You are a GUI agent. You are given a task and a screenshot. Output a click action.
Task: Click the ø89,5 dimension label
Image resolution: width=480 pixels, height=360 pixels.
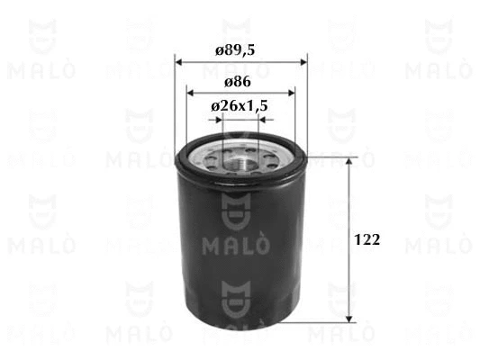235,50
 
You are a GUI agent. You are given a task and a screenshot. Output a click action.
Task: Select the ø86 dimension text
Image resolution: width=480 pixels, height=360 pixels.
238,82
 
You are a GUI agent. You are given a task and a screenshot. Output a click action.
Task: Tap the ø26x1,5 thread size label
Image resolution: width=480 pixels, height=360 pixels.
240,106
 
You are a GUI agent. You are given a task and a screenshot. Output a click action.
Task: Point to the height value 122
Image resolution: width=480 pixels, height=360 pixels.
367,239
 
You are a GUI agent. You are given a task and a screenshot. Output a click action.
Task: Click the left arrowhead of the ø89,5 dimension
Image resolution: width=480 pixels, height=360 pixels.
179,62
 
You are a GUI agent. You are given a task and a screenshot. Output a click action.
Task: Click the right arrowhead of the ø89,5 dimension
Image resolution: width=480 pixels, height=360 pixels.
303,62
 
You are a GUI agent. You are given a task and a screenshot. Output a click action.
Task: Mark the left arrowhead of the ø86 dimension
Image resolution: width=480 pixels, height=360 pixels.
191,93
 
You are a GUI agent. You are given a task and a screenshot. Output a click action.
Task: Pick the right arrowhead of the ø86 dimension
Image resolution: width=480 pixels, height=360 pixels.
291,93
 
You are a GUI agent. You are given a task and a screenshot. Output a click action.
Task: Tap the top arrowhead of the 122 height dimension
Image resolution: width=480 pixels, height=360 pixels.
349,161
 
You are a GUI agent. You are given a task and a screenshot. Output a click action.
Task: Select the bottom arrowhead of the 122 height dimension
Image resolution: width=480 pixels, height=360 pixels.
349,319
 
